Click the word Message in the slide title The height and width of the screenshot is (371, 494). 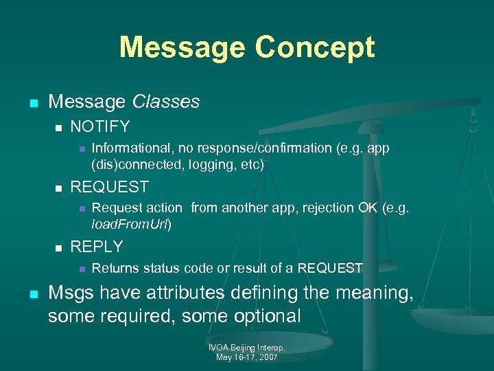point(180,48)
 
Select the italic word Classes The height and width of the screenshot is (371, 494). point(165,102)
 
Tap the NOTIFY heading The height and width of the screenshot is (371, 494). point(100,126)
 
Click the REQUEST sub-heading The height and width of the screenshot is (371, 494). point(110,187)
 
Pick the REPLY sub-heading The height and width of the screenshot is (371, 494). point(97,247)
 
